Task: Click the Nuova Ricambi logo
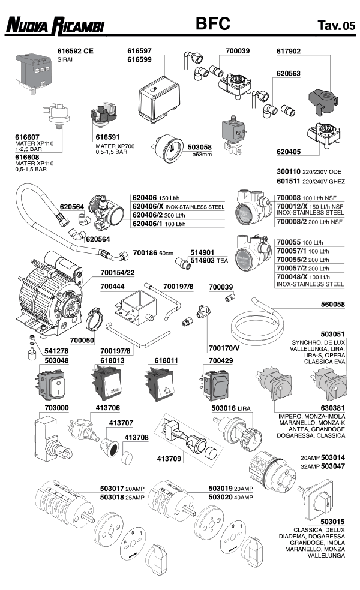pyautogui.click(x=55, y=26)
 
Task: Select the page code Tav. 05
pyautogui.click(x=336, y=26)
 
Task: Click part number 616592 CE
pyautogui.click(x=75, y=51)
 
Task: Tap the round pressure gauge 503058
pyautogui.click(x=166, y=148)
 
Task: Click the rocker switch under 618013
pyautogui.click(x=107, y=383)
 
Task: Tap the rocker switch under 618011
pyautogui.click(x=160, y=383)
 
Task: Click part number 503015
pyautogui.click(x=332, y=522)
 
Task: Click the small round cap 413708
pyautogui.click(x=128, y=457)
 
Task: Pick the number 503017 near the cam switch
pyautogui.click(x=112, y=489)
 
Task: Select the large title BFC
pyautogui.click(x=213, y=24)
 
